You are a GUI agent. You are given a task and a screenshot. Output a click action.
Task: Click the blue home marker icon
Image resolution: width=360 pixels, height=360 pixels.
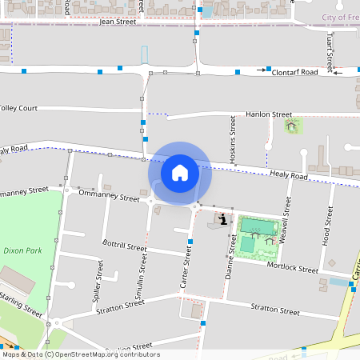pos(180,172)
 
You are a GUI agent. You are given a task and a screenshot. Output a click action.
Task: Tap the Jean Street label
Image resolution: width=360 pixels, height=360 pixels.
pos(118,22)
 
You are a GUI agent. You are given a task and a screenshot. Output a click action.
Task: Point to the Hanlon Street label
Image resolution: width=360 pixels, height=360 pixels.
pos(269,115)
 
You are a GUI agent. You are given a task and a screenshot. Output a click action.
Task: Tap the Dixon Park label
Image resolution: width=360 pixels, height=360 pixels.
pos(22,250)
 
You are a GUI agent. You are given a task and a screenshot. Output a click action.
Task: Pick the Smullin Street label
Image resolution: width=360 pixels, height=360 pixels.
pos(142,277)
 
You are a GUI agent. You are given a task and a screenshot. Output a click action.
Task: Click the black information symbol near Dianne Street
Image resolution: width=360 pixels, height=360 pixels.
pos(220,218)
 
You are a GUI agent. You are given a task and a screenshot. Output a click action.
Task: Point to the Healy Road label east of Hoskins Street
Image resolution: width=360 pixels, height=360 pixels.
pos(289,174)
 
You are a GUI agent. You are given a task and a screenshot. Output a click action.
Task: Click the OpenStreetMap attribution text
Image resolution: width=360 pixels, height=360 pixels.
pos(80,354)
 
